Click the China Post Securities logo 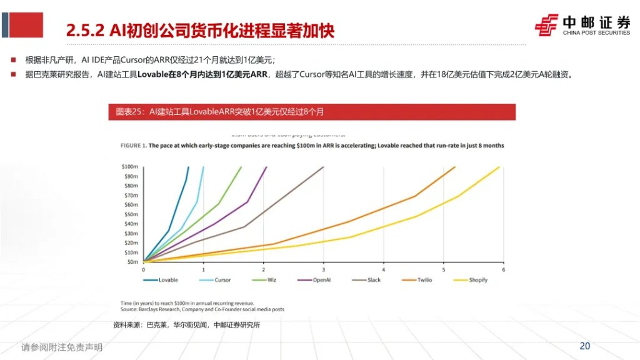tap(582, 25)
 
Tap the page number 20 tap(585, 346)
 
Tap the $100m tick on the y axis tap(129, 167)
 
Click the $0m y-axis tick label tap(131, 261)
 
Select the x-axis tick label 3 tap(324, 269)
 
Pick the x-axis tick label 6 tap(503, 269)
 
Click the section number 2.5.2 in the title tap(84, 29)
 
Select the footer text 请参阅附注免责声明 tap(62, 347)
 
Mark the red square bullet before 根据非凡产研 tap(13, 60)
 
